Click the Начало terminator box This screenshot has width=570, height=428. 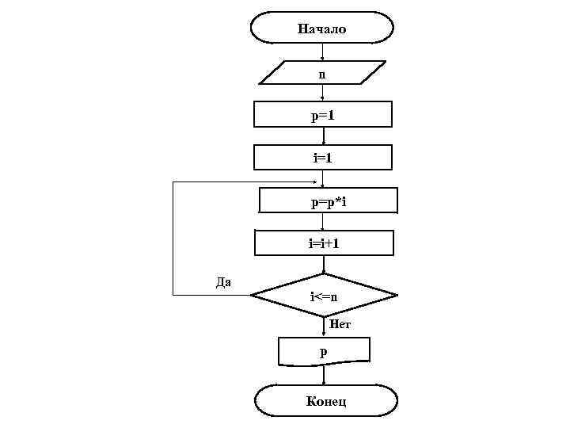[321, 28]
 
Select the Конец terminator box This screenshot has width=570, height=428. [325, 401]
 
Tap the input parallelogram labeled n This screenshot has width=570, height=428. [321, 73]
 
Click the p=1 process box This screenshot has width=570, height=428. [322, 115]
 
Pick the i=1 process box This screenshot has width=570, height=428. [322, 157]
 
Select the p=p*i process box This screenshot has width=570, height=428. [329, 201]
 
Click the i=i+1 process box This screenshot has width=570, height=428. [324, 243]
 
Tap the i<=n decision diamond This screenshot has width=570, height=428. [324, 296]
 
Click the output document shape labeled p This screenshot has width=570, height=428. [324, 351]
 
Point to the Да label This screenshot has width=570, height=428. [223, 281]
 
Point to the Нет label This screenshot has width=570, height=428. [340, 323]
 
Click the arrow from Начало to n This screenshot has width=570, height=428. [322, 52]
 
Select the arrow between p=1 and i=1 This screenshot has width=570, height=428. [323, 136]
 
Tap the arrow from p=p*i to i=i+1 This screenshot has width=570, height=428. [323, 222]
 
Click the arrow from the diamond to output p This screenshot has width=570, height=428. [324, 327]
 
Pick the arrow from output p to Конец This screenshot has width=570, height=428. [324, 375]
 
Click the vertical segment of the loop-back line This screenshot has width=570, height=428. [173, 238]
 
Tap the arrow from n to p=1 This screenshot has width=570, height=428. [322, 93]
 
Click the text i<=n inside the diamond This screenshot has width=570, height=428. [324, 296]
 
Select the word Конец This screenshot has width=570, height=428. [326, 401]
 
